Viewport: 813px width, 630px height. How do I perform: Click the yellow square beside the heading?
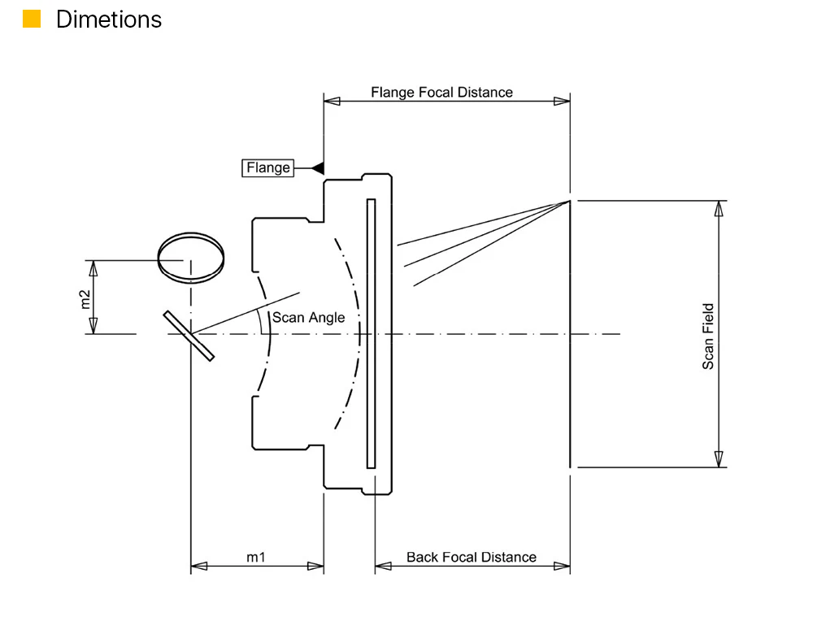pos(32,19)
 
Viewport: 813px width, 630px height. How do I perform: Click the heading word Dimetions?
pos(109,20)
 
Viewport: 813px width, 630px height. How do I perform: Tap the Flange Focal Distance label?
pos(441,93)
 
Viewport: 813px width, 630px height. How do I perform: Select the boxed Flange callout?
pos(268,168)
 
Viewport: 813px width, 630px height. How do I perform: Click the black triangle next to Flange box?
pos(319,168)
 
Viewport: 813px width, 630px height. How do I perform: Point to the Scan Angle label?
pos(308,317)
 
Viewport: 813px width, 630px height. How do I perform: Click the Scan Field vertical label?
pos(708,336)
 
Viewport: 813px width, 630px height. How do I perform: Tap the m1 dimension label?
pos(255,558)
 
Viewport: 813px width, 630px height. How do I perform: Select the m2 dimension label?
pos(85,299)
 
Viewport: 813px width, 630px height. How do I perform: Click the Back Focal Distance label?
pos(472,558)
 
